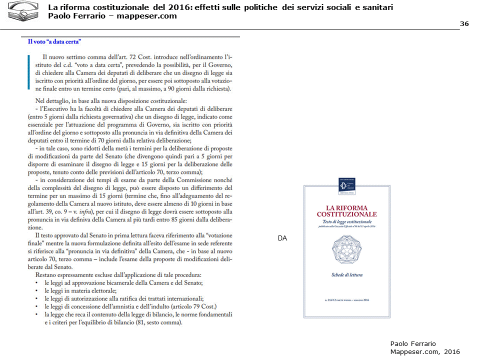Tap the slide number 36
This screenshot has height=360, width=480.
tap(463, 24)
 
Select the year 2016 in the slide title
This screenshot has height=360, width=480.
tap(178, 7)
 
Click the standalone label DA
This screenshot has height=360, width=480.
tap(282, 239)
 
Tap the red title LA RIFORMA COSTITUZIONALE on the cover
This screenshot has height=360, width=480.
tap(346, 211)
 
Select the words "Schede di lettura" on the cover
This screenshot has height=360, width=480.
tap(346, 275)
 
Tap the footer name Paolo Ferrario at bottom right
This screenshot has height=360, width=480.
tap(413, 343)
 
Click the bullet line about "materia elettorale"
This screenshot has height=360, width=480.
tap(80, 290)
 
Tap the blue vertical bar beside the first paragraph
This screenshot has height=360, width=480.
tap(29, 74)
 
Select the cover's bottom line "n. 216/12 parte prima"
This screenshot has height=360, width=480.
tap(346, 299)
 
